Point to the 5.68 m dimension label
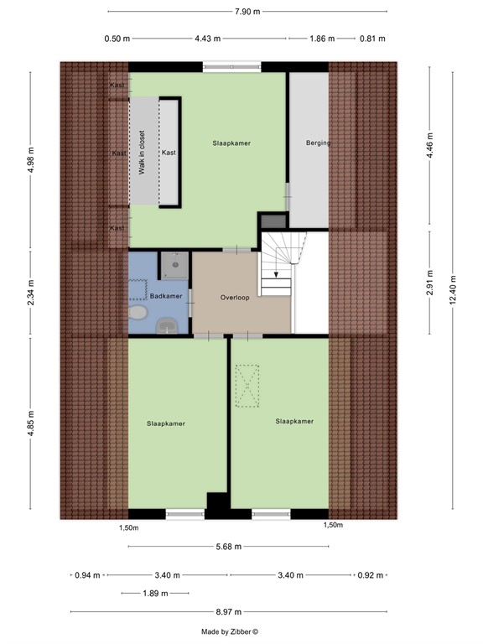tap(227, 547)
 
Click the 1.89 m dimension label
tap(153, 594)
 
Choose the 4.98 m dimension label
tap(31, 159)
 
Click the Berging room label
tap(318, 143)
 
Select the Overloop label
tap(236, 298)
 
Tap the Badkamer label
tap(166, 296)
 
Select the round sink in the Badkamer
tap(137, 314)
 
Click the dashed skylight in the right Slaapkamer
tap(247, 387)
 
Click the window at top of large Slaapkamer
tap(228, 67)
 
